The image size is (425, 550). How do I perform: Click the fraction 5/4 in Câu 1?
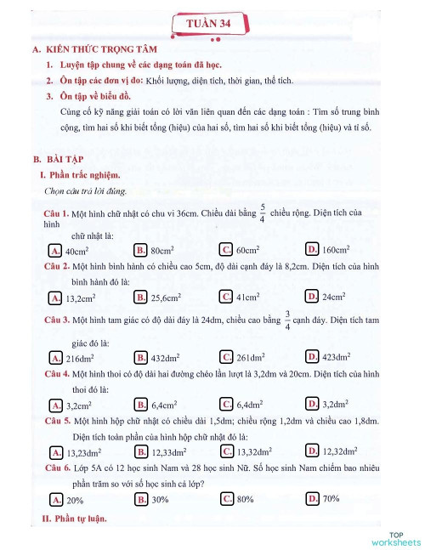263,213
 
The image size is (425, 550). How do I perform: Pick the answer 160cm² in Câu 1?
336,250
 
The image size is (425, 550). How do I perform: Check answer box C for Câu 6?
226,498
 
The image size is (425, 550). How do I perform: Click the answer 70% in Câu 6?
331,498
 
